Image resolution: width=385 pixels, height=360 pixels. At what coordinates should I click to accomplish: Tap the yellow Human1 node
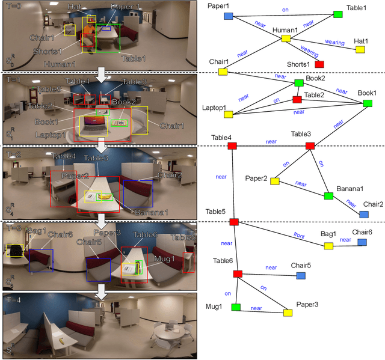pos(286,38)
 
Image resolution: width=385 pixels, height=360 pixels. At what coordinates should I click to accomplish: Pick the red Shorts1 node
pos(319,64)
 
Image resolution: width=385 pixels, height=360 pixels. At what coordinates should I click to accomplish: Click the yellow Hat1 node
pos(360,50)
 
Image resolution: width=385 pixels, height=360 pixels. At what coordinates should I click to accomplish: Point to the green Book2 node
pos(299,83)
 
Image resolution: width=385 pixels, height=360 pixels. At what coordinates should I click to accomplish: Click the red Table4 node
pos(232,146)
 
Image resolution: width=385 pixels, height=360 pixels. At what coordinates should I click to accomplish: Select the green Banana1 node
pos(328,196)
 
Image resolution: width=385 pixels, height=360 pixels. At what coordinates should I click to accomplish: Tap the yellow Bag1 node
pos(328,246)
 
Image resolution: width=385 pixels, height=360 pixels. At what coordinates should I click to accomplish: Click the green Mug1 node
pos(236,307)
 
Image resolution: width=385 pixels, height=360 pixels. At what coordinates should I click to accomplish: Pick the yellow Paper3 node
pos(288,313)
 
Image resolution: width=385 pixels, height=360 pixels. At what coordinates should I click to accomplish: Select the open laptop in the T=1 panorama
pos(94,126)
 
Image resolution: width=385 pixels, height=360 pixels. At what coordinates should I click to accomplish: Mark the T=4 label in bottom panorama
pos(13,298)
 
